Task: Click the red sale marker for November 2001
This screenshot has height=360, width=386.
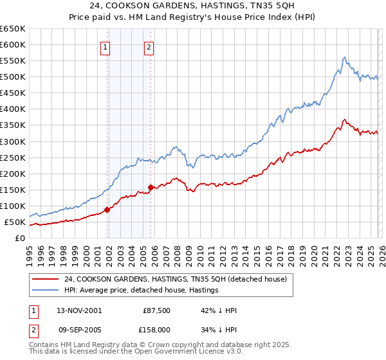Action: pos(107,210)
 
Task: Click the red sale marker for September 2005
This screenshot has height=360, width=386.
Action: pos(151,187)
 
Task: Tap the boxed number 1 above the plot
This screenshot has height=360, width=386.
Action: pos(105,46)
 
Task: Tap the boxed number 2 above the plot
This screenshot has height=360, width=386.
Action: pos(149,46)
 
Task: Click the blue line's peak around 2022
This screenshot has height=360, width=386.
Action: pos(345,57)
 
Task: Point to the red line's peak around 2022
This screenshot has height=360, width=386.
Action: pos(345,120)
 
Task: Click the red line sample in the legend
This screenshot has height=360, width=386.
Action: pos(45,279)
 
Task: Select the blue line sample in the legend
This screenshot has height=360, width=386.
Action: pos(45,290)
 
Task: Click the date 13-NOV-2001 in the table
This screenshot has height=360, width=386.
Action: pos(78,310)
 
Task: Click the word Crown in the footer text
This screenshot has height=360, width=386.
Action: pos(165,345)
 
